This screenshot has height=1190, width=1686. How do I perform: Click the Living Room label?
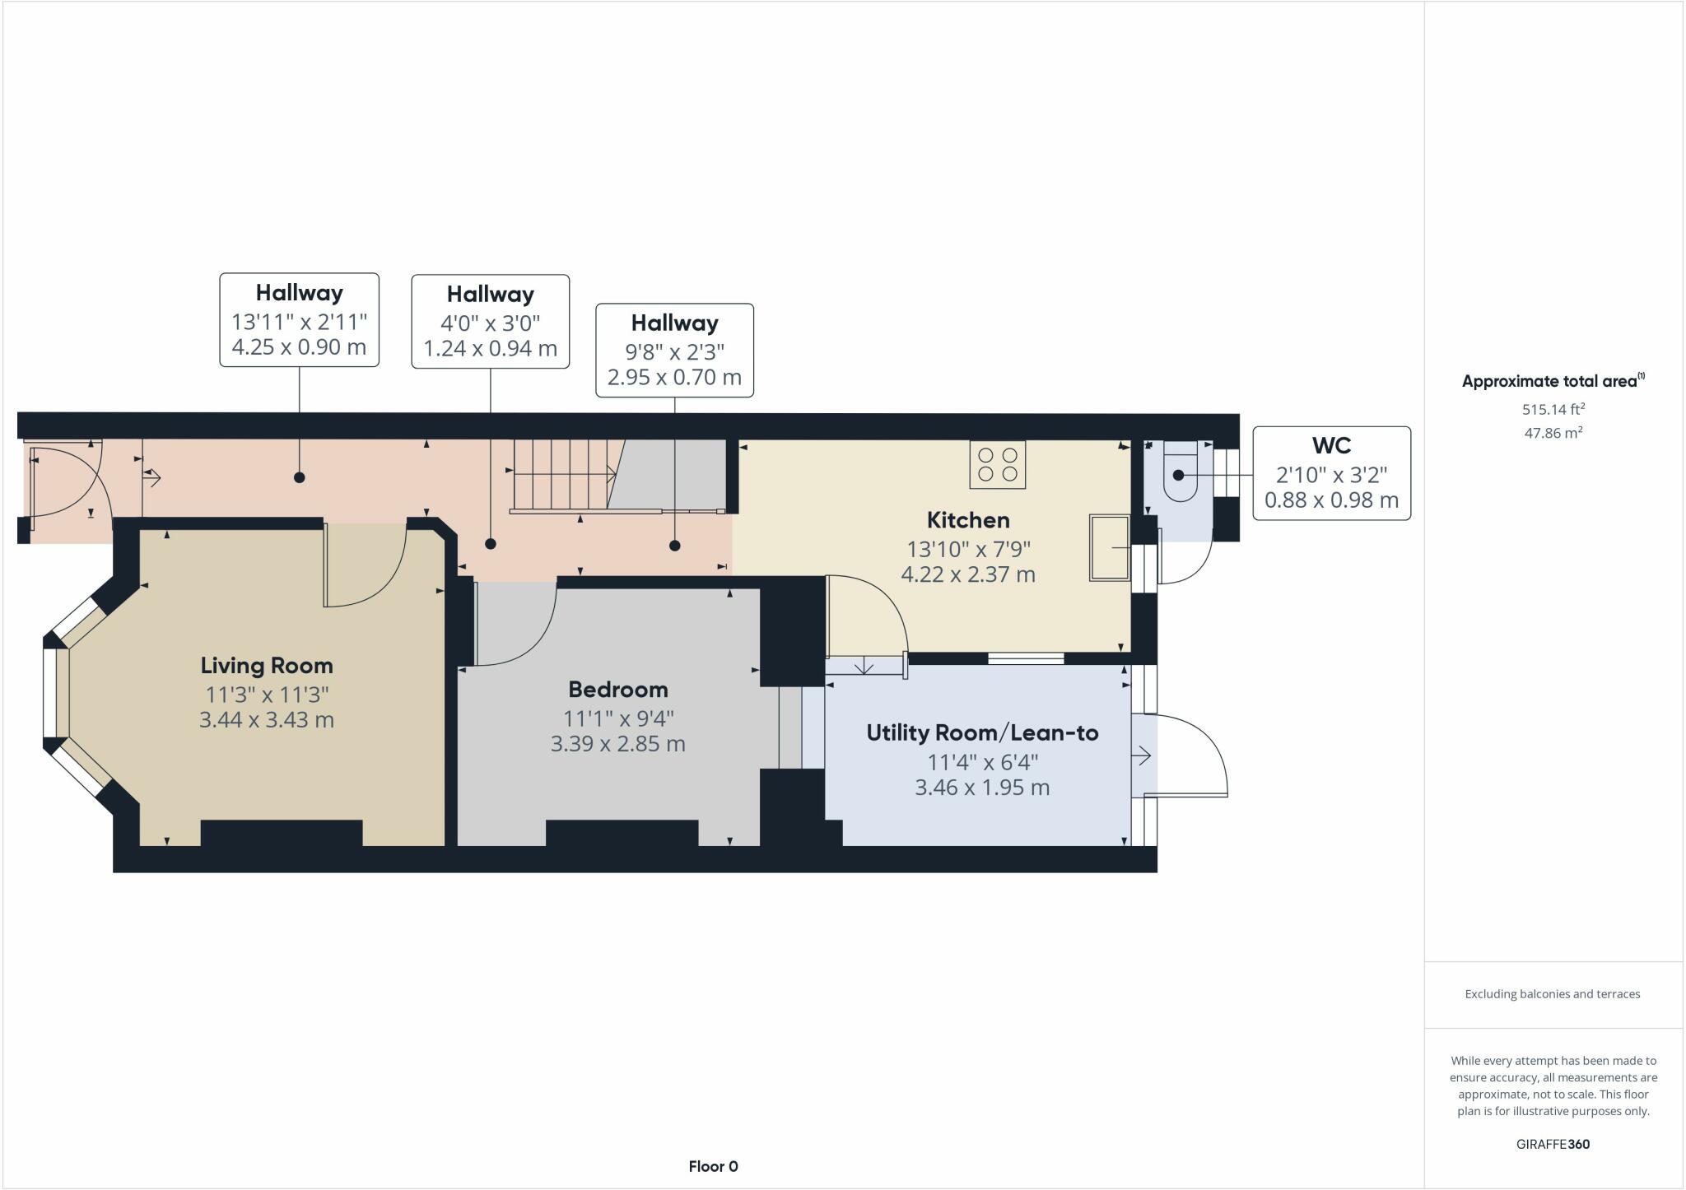pyautogui.click(x=267, y=665)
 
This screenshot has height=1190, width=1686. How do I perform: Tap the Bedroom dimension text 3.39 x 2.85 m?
pyautogui.click(x=617, y=744)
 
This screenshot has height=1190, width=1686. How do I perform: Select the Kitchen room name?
pyautogui.click(x=967, y=520)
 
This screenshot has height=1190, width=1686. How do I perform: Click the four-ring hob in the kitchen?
pyautogui.click(x=997, y=465)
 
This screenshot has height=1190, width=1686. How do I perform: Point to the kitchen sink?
pyautogui.click(x=1109, y=547)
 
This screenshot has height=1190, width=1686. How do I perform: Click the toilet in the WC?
pyautogui.click(x=1180, y=473)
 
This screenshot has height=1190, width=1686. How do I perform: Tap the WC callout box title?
pyautogui.click(x=1331, y=445)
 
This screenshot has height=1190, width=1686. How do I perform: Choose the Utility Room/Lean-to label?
pyautogui.click(x=982, y=732)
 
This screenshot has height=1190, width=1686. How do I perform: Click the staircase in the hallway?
pyautogui.click(x=564, y=475)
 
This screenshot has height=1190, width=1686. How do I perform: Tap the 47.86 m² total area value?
pyautogui.click(x=1553, y=433)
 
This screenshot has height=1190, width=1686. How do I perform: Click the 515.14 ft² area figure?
pyautogui.click(x=1553, y=409)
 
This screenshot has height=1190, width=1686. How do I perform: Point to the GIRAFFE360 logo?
pyautogui.click(x=1553, y=1144)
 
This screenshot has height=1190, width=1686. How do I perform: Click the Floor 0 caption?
pyautogui.click(x=713, y=1166)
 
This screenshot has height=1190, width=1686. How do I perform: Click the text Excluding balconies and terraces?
pyautogui.click(x=1553, y=994)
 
